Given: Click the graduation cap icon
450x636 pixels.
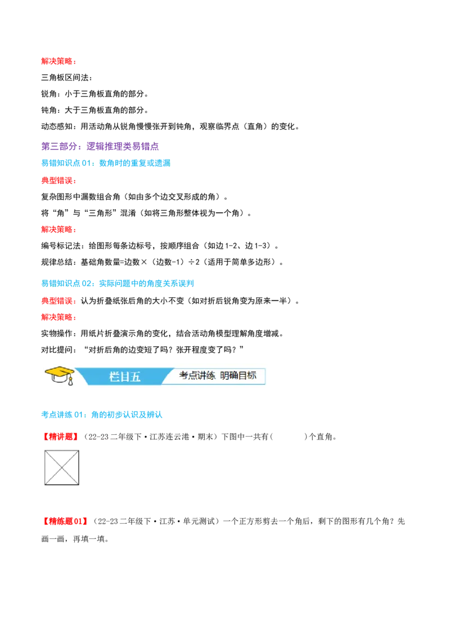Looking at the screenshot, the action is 59,376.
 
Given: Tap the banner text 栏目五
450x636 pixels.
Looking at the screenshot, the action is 125,377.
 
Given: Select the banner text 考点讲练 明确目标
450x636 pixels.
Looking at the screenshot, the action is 218,376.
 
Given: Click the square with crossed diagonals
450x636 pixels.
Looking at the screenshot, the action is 62,467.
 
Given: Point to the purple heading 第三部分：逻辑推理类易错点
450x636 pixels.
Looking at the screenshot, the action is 100,146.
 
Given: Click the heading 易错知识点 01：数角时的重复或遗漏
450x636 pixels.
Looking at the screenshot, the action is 106,163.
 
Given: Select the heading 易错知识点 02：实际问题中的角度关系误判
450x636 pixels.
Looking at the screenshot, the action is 118,283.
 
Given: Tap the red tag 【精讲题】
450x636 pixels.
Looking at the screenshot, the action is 61,437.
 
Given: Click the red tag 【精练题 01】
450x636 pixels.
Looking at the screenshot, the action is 65,521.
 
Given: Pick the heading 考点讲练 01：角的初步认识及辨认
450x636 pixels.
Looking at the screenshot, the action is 102,415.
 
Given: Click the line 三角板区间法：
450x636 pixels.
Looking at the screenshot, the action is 66,78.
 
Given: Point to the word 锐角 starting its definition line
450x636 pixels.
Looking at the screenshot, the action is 49,94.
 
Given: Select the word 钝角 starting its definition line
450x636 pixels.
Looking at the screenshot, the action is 49,110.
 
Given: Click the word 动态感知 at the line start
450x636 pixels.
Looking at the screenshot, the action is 57,126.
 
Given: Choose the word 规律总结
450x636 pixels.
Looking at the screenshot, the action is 57,262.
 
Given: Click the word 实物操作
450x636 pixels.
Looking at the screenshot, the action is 57,333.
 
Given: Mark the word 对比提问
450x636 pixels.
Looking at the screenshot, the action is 57,349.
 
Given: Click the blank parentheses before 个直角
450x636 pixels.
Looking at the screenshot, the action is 289,437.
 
